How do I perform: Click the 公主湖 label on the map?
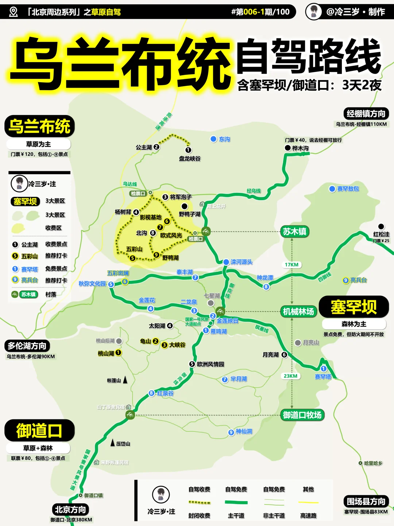point(144,147)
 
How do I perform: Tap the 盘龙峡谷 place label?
point(190,159)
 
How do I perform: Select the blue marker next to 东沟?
point(214,139)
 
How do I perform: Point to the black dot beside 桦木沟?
point(288,148)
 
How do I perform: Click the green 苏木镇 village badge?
point(294,232)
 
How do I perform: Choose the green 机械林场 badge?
point(298,312)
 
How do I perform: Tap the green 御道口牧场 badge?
point(302,415)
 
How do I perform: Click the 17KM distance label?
point(291,264)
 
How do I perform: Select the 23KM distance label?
point(290,376)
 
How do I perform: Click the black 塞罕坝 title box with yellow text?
point(354,307)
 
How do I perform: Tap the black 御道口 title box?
point(39,430)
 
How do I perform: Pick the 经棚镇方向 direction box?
point(366,114)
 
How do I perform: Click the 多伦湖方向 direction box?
point(27,346)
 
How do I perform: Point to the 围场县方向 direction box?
point(366,502)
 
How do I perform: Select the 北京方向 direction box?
point(70,510)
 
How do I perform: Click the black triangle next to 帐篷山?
point(125,380)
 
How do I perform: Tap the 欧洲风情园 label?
point(210,364)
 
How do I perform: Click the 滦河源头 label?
point(242,262)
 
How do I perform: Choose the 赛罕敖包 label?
point(348,189)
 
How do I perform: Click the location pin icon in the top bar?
point(13,12)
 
